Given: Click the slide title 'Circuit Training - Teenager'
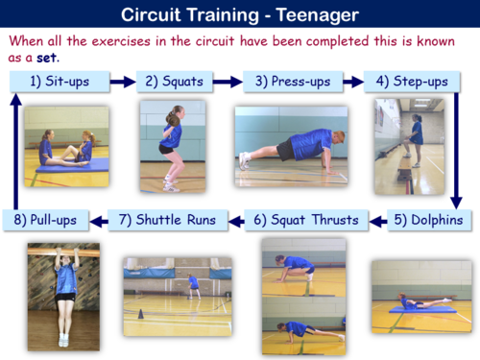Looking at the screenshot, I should pos(240,14).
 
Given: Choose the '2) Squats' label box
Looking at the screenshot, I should pos(174,82).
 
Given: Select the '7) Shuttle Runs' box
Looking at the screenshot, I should pos(168,220).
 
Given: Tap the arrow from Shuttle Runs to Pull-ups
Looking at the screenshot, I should pos(97,220).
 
